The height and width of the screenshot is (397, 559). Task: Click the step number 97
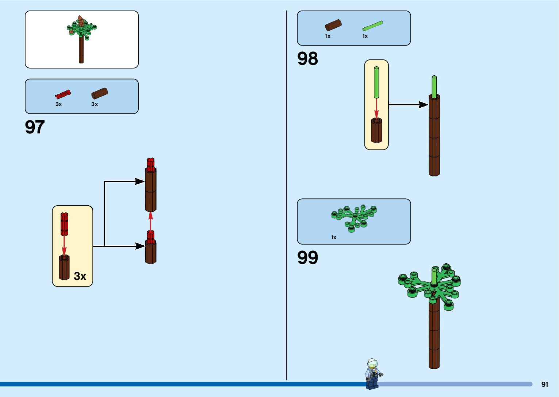[x=35, y=127]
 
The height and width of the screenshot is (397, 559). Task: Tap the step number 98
[x=307, y=59]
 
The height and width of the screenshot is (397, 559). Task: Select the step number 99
[x=307, y=258]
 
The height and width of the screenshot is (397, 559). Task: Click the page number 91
[x=544, y=384]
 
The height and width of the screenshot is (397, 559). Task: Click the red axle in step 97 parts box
[x=63, y=94]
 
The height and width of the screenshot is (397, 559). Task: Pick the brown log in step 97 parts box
[x=99, y=93]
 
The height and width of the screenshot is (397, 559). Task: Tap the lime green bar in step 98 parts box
[x=372, y=26]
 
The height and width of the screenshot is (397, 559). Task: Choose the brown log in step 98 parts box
[x=333, y=25]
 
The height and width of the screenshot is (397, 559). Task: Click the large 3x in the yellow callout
[x=80, y=276]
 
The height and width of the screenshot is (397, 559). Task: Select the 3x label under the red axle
[x=58, y=104]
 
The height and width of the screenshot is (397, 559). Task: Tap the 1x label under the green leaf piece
[x=333, y=237]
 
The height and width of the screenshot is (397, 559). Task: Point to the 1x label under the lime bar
[x=365, y=36]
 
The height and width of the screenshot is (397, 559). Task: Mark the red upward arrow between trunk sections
[x=150, y=221]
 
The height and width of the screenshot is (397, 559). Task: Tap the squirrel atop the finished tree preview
[x=80, y=21]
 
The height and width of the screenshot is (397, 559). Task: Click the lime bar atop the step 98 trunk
[x=434, y=86]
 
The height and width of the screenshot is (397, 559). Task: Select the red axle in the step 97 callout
[x=64, y=223]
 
